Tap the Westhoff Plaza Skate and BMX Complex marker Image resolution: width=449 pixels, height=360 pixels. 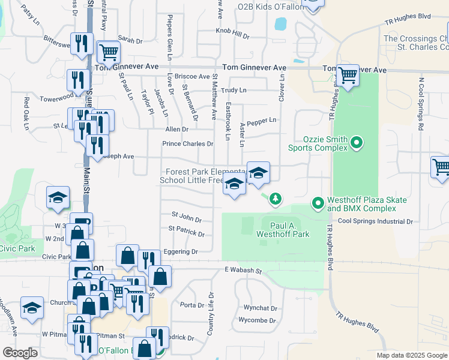click(x=318, y=204)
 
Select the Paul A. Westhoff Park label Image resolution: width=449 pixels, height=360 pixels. click(x=285, y=229)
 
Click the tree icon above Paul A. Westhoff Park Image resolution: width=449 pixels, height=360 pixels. click(x=275, y=198)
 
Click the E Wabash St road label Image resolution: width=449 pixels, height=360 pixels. click(x=243, y=271)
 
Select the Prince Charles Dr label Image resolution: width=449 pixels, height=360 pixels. click(x=188, y=144)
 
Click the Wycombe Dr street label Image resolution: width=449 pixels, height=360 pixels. click(x=258, y=320)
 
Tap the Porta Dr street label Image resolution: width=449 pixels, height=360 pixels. click(x=192, y=305)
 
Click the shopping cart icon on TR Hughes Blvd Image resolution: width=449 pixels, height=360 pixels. click(x=348, y=75)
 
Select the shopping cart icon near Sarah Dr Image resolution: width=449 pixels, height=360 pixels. click(x=109, y=52)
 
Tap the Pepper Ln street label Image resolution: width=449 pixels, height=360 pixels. click(x=261, y=121)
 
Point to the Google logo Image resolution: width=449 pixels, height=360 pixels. click(x=20, y=353)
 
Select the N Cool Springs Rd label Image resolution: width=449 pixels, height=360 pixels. click(x=421, y=103)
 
